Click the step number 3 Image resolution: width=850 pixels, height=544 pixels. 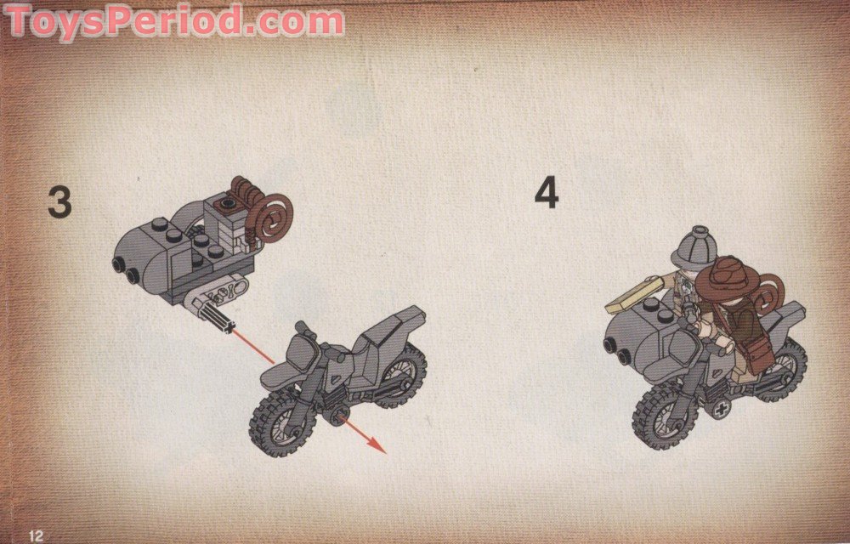click(59, 201)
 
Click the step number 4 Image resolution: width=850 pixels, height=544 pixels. click(547, 193)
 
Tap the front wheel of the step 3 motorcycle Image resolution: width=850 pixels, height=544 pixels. click(281, 418)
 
